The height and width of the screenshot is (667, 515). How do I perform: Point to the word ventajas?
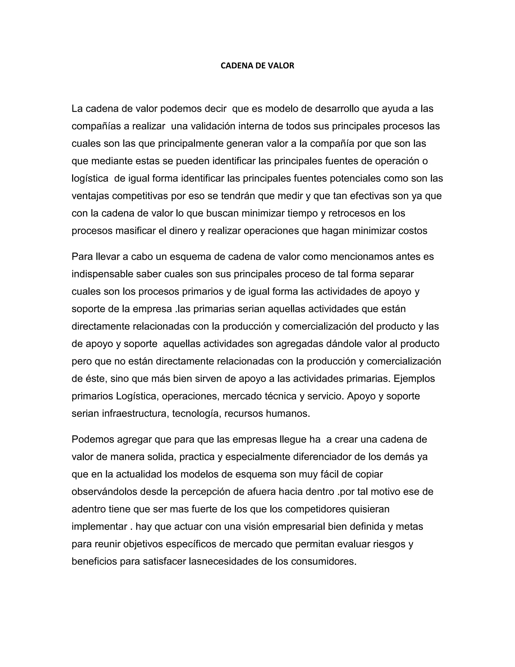tap(90, 196)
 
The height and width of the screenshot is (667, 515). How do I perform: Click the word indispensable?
tap(102, 274)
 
